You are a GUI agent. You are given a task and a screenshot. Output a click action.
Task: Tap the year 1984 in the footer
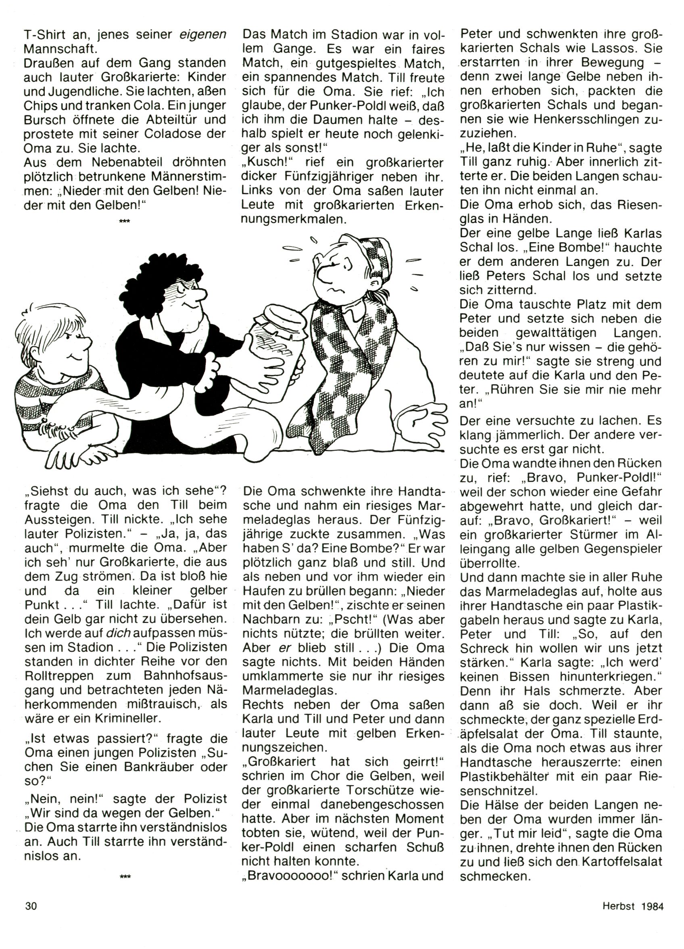[x=653, y=906]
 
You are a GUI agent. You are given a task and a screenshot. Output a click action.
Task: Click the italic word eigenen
[x=202, y=34]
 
